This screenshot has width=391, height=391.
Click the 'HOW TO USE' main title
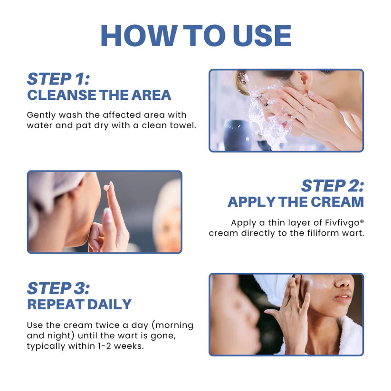click(x=196, y=36)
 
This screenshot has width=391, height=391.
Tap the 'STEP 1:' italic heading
click(x=58, y=78)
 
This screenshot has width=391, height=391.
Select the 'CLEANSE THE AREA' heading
click(x=99, y=95)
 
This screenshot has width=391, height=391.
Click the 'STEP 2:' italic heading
click(x=332, y=186)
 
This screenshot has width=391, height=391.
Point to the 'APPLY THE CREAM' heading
click(x=296, y=202)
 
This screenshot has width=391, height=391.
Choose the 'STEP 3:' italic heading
click(x=58, y=288)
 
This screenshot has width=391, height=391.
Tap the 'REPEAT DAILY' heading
click(x=79, y=305)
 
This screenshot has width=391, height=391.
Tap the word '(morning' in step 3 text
click(x=172, y=325)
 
